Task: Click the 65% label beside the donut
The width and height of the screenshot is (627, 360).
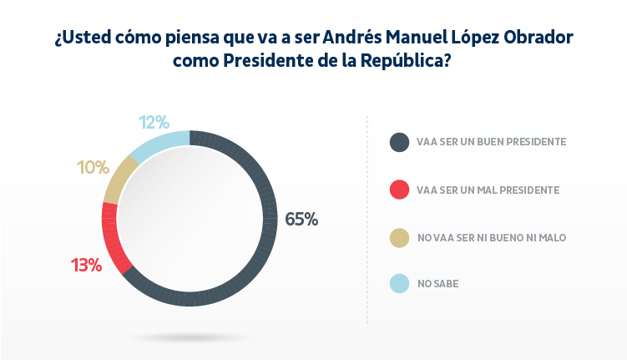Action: (301, 219)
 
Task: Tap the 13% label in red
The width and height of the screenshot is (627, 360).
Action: (86, 266)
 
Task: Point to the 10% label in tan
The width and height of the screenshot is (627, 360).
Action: (93, 167)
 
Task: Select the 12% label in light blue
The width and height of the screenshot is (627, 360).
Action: (154, 123)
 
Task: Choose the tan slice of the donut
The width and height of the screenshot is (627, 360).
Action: (119, 180)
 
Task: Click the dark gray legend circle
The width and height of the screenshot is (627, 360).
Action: (400, 142)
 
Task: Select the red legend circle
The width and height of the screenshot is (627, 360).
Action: (400, 190)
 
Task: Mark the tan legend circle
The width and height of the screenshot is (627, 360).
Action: (400, 237)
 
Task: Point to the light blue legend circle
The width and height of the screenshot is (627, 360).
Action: (400, 284)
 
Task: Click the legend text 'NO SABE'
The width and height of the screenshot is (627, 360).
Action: (437, 284)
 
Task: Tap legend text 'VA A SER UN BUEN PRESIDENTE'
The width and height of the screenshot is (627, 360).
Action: (492, 142)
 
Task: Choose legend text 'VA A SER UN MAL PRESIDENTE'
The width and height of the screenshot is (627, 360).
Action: (488, 190)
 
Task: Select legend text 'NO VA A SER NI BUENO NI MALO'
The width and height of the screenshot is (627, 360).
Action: (492, 237)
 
